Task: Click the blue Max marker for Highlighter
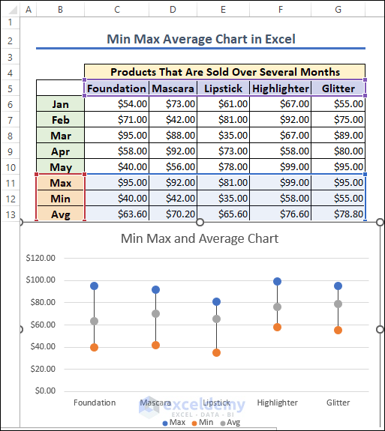tap(278, 282)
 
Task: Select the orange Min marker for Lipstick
tap(217, 352)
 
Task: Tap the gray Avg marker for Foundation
tap(95, 321)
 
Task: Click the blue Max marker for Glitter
tap(338, 286)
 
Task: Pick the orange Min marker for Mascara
tap(155, 345)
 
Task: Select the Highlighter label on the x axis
tap(278, 403)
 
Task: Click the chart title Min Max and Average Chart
tap(200, 238)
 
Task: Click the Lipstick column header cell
tap(224, 88)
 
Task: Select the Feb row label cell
tap(60, 120)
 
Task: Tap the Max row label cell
tap(60, 182)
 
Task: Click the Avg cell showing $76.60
tap(281, 214)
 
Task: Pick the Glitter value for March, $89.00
tap(338, 136)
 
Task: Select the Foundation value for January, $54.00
tap(117, 104)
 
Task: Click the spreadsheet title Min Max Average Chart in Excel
tap(201, 39)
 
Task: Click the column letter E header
tap(224, 9)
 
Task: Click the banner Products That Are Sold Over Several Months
tap(224, 72)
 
